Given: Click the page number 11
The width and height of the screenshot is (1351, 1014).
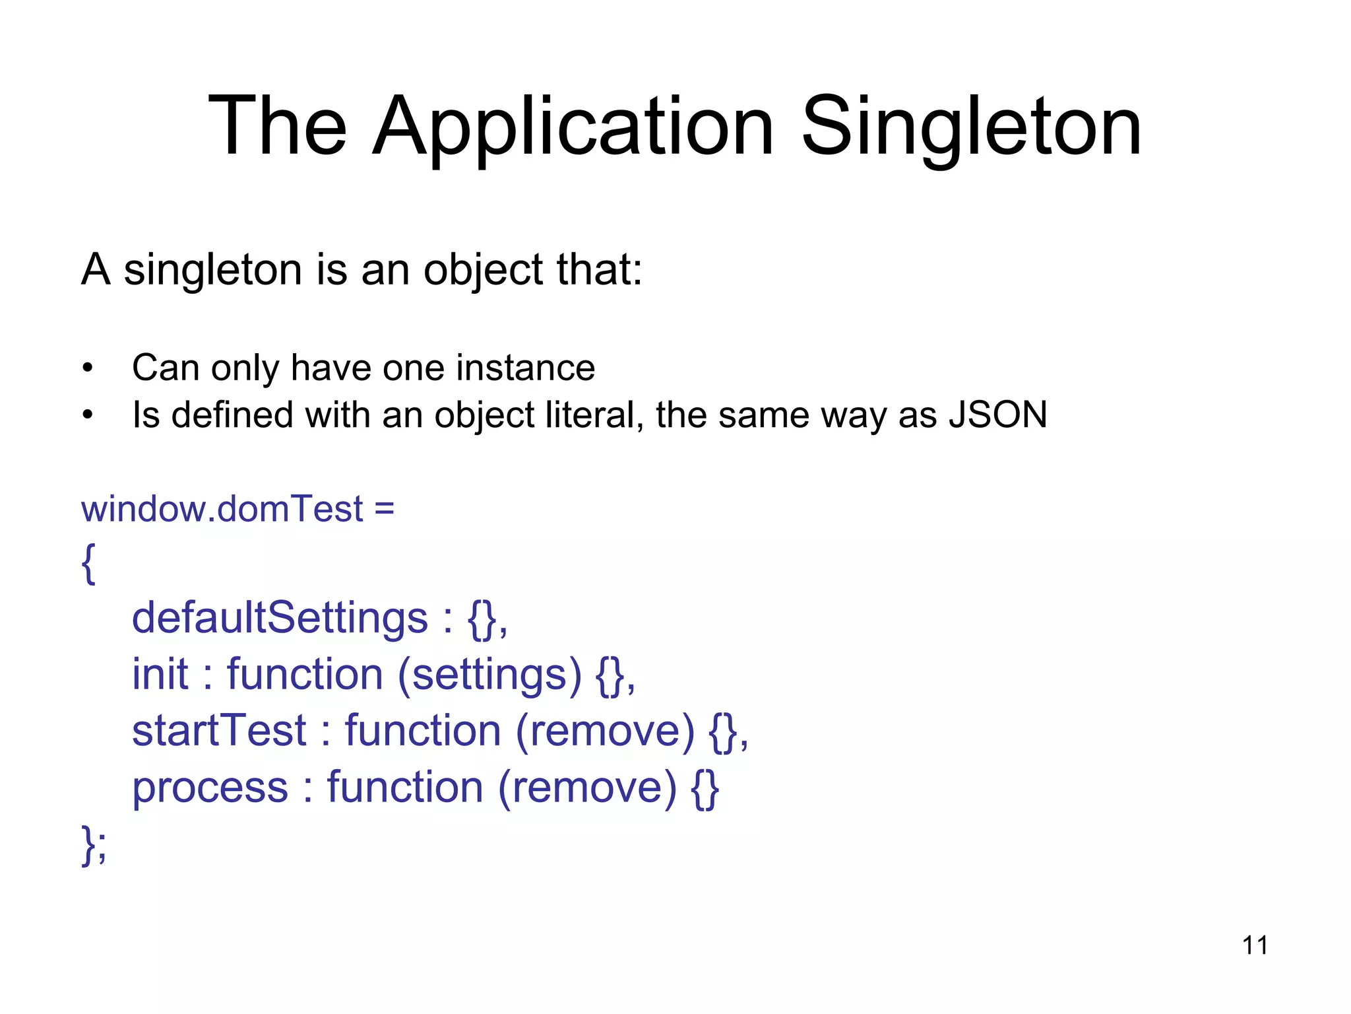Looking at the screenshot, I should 1255,945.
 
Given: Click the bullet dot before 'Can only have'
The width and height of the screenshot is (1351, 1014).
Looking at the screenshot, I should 88,368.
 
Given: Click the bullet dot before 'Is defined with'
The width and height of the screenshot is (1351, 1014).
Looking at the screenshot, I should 88,416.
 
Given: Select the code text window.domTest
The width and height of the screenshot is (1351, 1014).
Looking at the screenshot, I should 222,509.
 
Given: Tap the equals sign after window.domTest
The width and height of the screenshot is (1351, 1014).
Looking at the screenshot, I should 384,509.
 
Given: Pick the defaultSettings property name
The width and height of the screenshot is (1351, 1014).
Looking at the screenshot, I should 280,618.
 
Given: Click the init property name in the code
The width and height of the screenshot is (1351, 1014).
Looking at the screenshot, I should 160,674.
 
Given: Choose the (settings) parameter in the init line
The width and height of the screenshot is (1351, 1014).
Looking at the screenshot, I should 489,674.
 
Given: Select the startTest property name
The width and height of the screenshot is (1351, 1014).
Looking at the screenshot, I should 219,731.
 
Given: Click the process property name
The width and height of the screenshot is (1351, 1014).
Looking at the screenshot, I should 210,788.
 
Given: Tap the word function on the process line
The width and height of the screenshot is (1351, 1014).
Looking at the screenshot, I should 405,788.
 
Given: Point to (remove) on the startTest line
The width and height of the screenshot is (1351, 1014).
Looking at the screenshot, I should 605,731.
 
